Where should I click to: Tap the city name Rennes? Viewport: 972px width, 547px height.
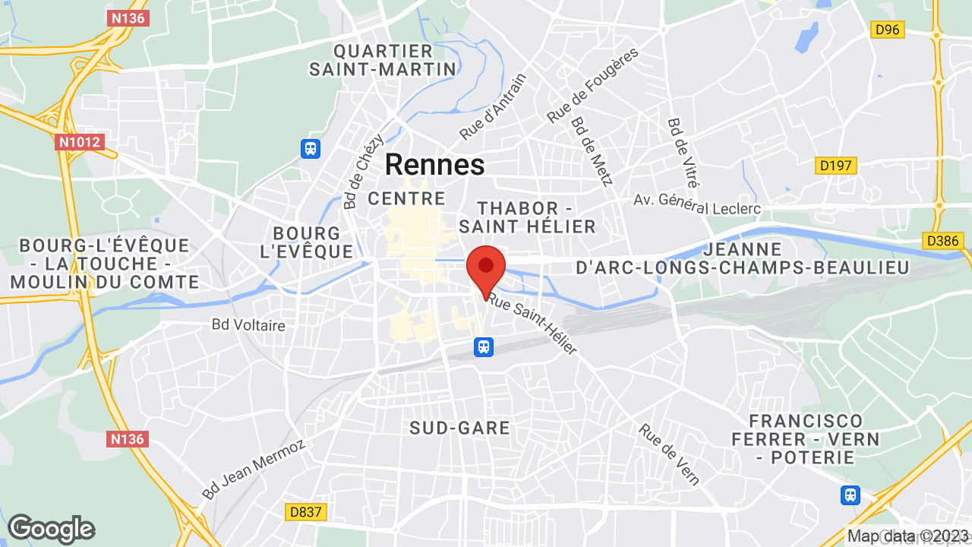point(434,165)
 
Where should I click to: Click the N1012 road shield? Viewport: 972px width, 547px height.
point(79,141)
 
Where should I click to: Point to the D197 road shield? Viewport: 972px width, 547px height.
point(836,165)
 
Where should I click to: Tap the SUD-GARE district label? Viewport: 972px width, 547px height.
point(459,428)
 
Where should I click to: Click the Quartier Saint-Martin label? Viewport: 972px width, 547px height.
point(383,60)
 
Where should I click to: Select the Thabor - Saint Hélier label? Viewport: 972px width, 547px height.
point(527,217)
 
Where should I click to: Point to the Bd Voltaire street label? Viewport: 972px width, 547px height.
point(248,325)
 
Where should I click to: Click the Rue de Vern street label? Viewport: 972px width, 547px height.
point(669,454)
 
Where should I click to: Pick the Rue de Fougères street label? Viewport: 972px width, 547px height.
point(593,85)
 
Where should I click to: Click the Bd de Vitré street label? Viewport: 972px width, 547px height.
point(683,153)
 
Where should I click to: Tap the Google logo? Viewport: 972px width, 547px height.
point(52,529)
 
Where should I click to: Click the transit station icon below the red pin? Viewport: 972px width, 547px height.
point(483,347)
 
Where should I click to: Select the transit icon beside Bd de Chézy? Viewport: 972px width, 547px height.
point(311,147)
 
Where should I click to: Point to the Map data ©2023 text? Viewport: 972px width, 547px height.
point(908,536)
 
